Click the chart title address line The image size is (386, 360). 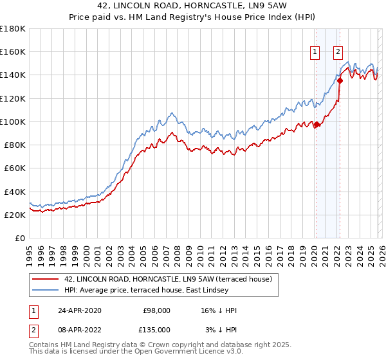click(192, 6)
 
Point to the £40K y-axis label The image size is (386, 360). click(14, 192)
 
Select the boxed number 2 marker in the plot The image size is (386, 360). click(338, 53)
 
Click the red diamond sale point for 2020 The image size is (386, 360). click(317, 124)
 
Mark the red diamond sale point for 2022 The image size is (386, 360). click(339, 81)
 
